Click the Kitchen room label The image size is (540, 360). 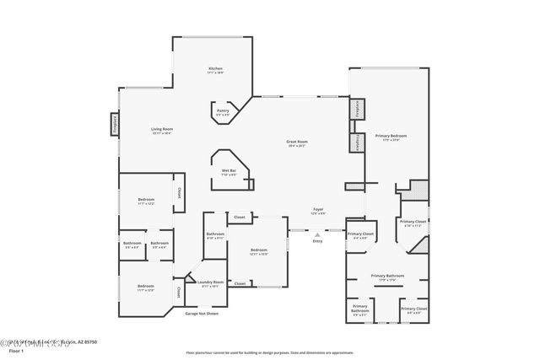tap(215, 70)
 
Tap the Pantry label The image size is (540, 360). tap(223, 113)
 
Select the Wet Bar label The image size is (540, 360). tap(229, 173)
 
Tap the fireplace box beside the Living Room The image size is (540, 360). tap(114, 125)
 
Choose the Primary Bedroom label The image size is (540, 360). tap(391, 137)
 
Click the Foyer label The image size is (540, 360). tap(318, 211)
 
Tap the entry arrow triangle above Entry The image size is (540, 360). tap(317, 234)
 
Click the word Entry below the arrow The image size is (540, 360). tap(317, 242)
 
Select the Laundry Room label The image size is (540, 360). tap(211, 283)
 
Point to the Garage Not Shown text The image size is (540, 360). tap(202, 313)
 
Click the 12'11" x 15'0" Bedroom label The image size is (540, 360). tap(258, 252)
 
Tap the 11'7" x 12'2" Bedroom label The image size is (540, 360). tap(146, 201)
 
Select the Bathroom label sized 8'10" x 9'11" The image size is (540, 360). tap(215, 236)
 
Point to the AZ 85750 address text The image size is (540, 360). tap(84, 342)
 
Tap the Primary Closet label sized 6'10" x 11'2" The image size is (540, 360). tap(413, 223)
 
